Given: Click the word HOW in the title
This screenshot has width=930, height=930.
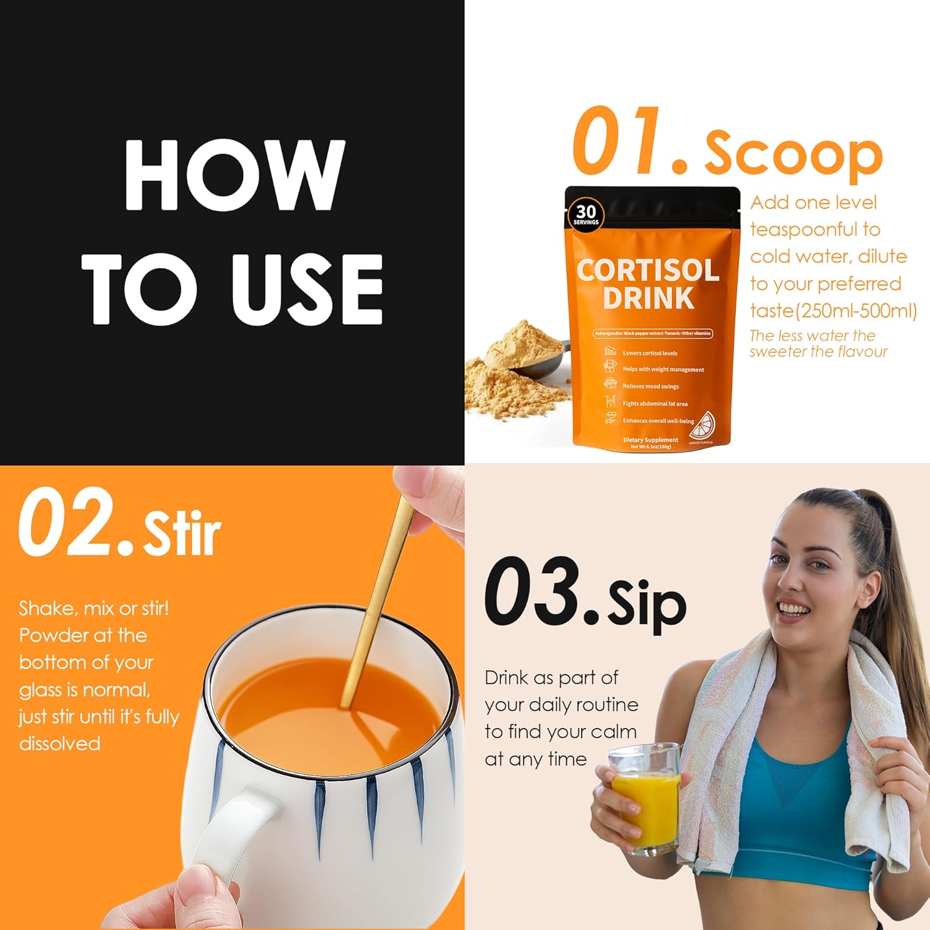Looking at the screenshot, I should [x=234, y=175].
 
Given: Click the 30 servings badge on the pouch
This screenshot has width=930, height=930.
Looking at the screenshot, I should [x=585, y=215].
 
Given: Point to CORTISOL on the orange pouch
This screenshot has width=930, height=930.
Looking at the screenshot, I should [x=648, y=270].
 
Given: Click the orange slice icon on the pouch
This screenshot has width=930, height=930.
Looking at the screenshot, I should [x=703, y=426].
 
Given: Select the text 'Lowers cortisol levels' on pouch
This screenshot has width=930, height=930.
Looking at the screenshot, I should [x=650, y=353].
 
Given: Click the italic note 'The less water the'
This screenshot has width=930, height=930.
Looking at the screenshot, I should [x=812, y=335].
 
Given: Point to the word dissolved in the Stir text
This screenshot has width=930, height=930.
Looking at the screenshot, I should [x=60, y=743].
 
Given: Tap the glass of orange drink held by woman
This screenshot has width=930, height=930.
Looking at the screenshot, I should [x=645, y=800].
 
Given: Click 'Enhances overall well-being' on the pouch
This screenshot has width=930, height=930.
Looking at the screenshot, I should [x=658, y=421].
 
